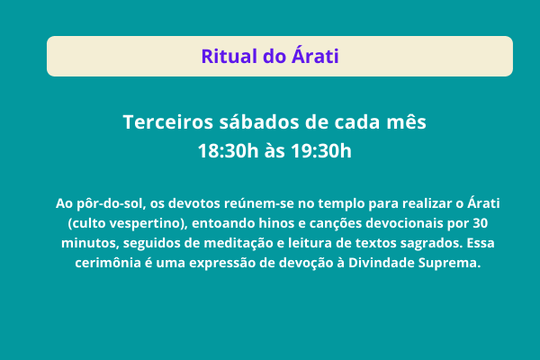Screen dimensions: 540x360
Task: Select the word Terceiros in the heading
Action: click(167, 122)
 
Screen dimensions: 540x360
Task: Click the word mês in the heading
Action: click(406, 122)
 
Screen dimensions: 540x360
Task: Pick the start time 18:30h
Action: click(228, 151)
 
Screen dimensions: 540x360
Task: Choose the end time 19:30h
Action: click(321, 151)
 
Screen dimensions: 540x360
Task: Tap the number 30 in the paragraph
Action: click(480, 223)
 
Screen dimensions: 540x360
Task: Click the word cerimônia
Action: click(108, 263)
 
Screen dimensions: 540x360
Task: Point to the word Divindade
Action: click(382, 263)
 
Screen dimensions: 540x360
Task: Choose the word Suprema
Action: click(449, 264)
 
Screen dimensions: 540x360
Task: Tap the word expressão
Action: click(221, 264)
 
